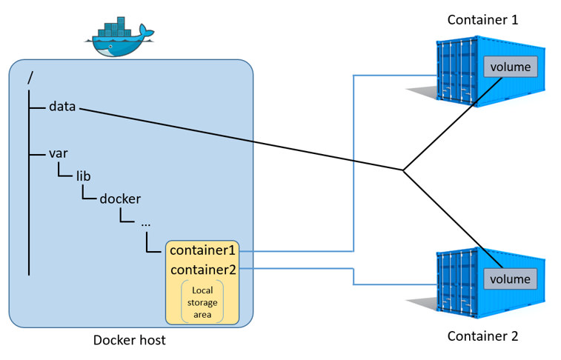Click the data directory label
[62, 107]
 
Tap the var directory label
[59, 153]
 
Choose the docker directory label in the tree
[120, 199]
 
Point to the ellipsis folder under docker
[145, 221]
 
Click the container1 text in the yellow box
[202, 250]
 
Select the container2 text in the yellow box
[202, 270]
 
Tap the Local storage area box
[202, 303]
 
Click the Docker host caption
[130, 341]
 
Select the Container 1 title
[482, 19]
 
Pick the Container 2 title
[482, 336]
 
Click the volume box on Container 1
[509, 67]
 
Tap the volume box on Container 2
[509, 279]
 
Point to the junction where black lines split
[403, 170]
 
